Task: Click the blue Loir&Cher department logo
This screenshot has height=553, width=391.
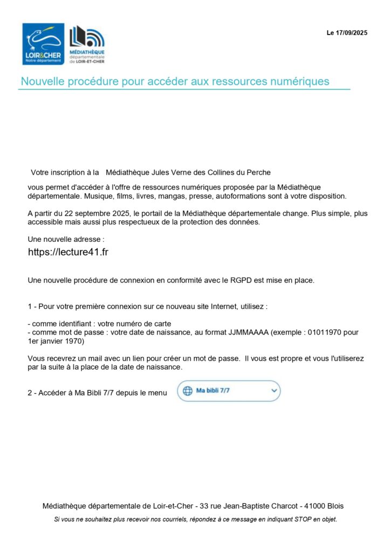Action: point(43,44)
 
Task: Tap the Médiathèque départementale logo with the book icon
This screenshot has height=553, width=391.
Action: point(87,44)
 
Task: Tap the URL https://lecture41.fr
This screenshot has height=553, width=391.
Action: point(68,252)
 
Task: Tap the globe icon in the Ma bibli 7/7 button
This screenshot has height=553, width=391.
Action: point(187,391)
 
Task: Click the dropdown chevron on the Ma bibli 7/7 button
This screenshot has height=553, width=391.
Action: point(273,390)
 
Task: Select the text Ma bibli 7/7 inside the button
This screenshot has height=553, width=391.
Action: point(212,391)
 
